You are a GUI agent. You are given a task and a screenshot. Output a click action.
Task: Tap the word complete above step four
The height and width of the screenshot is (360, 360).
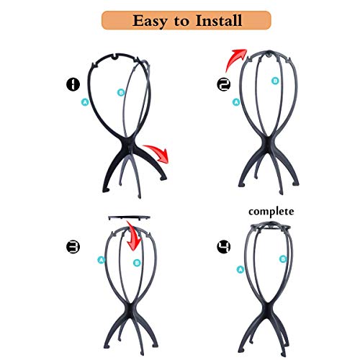pos(273,212)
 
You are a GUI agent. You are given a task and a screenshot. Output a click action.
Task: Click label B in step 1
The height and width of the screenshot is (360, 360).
pos(122,92)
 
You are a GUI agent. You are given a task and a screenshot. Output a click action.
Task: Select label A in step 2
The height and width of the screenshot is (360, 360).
pos(235,102)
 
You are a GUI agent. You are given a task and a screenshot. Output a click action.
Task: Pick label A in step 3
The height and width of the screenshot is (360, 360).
pos(102,261)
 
